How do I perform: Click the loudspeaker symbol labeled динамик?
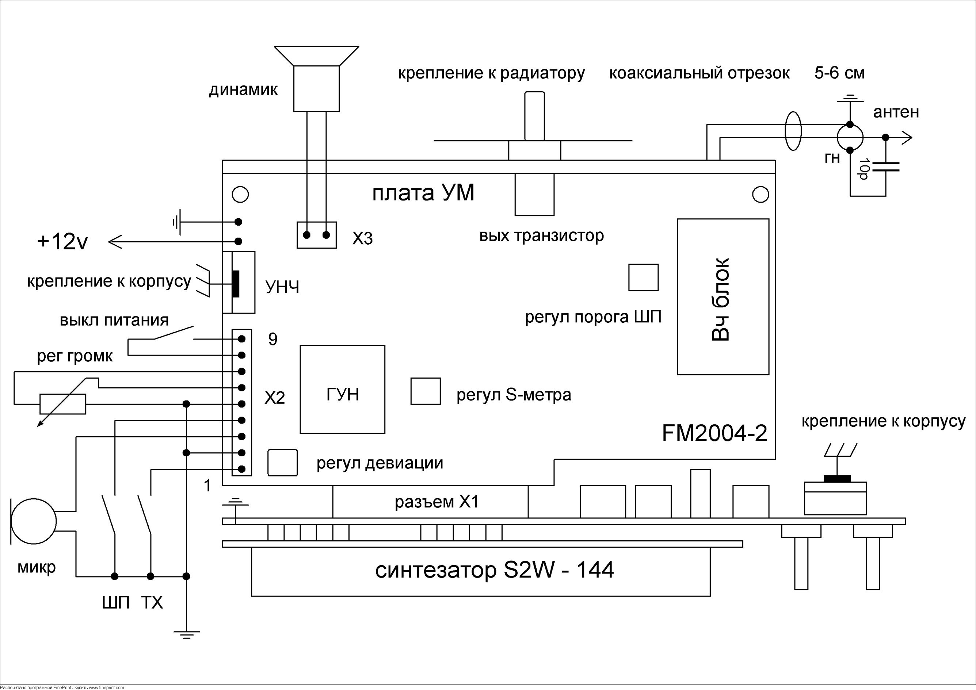[317, 81]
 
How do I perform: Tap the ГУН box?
[343, 389]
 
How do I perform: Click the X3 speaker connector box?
[317, 235]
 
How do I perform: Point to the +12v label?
[62, 242]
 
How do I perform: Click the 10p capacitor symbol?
[885, 166]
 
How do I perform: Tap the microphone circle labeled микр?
[33, 521]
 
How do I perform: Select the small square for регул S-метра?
[425, 391]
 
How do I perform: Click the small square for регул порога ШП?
[643, 277]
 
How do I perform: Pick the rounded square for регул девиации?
[282, 463]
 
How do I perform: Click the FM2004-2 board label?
[714, 434]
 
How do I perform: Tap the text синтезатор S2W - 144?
[494, 570]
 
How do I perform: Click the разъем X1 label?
[436, 502]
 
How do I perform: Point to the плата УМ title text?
[423, 193]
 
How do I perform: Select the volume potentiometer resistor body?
[63, 404]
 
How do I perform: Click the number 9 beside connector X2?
[272, 339]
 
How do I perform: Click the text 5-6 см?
[839, 73]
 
